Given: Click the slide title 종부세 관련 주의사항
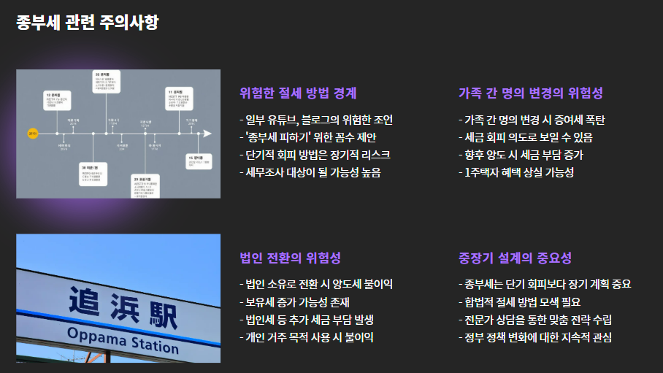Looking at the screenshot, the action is point(87,23).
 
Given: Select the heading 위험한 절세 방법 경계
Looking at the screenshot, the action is point(298,93).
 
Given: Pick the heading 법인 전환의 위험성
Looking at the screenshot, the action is point(290,258).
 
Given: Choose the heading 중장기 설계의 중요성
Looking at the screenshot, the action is point(514,258).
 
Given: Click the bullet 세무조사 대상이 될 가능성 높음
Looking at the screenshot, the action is point(310,172).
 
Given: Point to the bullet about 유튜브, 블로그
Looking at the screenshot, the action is point(320,120).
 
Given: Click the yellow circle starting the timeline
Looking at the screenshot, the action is point(32,134).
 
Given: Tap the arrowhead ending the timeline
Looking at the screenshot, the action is point(207,134).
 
